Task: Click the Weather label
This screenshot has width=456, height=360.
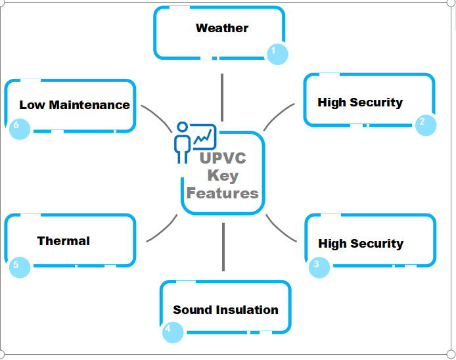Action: pos(222,28)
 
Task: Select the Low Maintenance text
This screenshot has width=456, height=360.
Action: pos(74,105)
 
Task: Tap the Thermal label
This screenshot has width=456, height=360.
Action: pos(63,241)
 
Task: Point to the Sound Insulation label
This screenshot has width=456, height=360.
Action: pos(225,310)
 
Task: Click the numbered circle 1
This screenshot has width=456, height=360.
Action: pos(277,55)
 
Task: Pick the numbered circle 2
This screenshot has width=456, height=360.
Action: pos(426,125)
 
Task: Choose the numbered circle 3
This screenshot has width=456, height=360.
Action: pos(319,267)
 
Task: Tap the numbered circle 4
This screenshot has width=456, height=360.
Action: pos(173,332)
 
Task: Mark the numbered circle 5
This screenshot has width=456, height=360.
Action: pos(20,267)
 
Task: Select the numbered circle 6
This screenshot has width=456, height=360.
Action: pos(20,129)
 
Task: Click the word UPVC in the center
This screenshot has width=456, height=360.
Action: pos(223,158)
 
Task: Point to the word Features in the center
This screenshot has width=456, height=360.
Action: pos(223,193)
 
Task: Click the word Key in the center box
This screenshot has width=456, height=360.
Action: pos(223,176)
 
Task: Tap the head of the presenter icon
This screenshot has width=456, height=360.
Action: pos(183,127)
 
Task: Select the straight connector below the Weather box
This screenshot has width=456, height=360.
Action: pos(222,97)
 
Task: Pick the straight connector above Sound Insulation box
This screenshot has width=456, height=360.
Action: pos(223,247)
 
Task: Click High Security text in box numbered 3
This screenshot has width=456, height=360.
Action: pos(361,244)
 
